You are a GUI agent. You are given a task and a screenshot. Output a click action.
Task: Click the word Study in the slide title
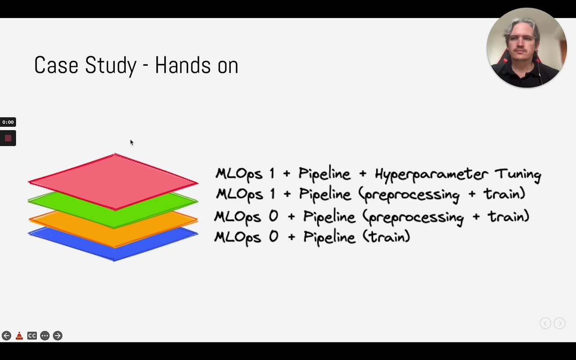tap(111, 66)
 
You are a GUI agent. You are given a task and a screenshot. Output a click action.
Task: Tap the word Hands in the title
tap(183, 65)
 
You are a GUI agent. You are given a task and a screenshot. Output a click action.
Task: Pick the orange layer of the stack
tap(113, 235)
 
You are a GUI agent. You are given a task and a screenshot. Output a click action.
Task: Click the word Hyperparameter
tap(431, 174)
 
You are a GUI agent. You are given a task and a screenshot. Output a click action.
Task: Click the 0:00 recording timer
tap(8, 122)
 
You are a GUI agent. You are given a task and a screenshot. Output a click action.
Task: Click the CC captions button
tap(32, 336)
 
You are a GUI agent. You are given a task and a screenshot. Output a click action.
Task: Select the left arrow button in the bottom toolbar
tap(6, 336)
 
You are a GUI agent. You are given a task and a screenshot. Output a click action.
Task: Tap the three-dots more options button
tap(45, 336)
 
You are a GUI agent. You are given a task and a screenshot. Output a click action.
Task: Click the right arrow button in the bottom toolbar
tap(58, 336)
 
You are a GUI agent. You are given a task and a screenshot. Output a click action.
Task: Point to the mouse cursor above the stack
tap(132, 143)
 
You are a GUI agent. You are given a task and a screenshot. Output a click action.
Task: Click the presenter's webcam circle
tap(526, 48)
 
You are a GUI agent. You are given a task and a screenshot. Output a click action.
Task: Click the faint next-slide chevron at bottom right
tap(559, 323)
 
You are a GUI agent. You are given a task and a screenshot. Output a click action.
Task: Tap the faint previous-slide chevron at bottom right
tap(545, 323)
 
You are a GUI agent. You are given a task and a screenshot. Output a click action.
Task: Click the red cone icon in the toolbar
tap(19, 336)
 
